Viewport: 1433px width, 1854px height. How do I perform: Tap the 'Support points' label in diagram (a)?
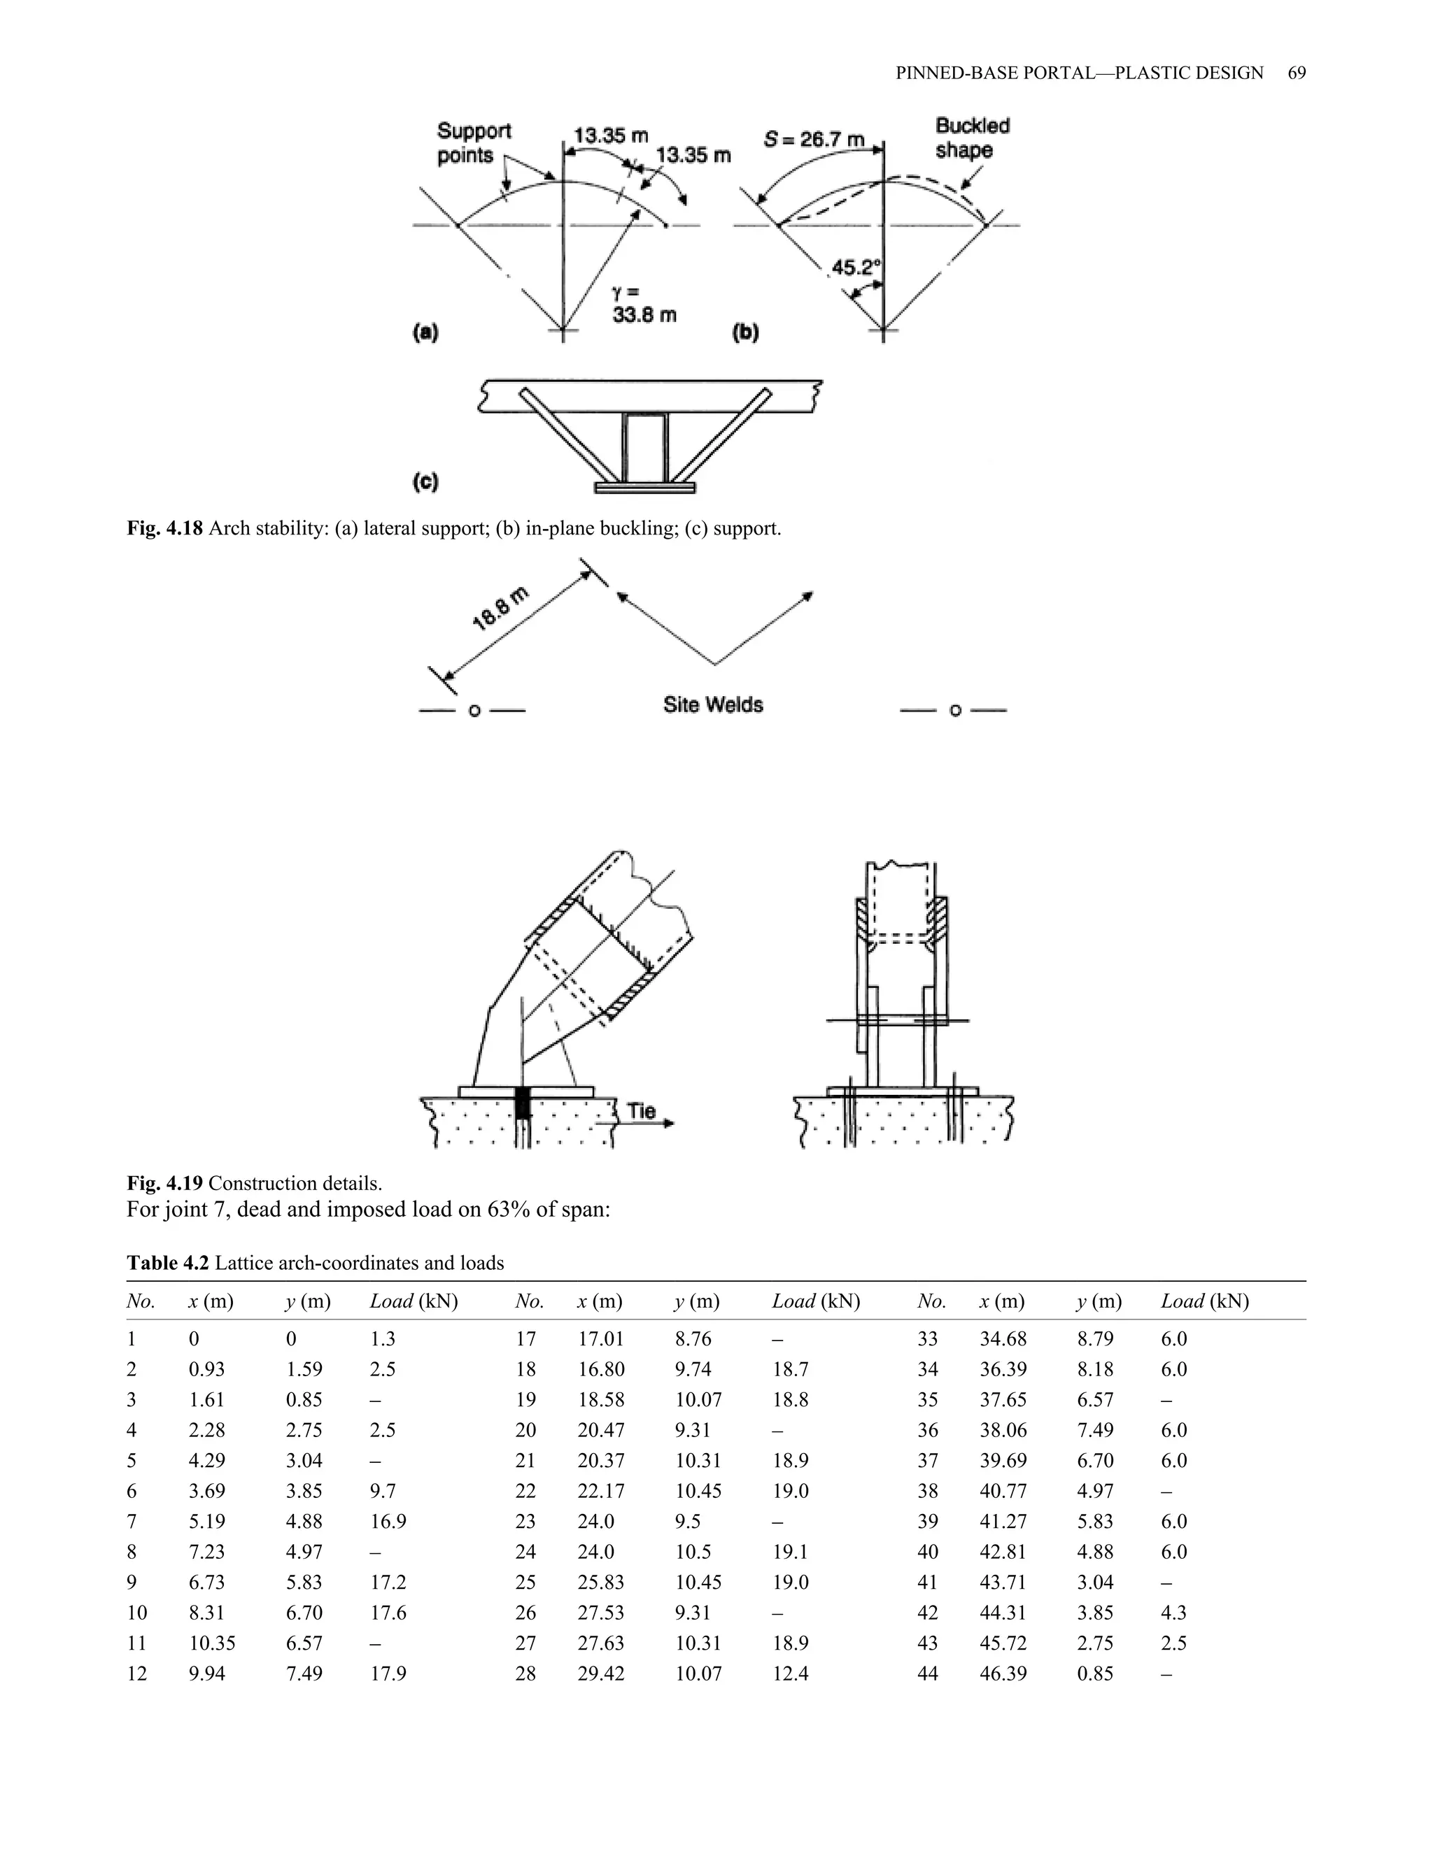click(474, 143)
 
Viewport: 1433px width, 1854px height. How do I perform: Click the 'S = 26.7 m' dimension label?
click(813, 139)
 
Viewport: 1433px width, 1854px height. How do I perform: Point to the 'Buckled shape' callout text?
click(971, 139)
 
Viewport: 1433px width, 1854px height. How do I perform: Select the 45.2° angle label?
click(856, 268)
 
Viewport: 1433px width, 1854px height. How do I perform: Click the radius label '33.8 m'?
click(644, 316)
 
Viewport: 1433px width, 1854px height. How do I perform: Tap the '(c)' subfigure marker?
click(425, 482)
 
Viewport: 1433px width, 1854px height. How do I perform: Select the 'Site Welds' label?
click(713, 705)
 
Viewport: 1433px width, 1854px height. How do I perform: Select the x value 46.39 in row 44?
click(1003, 1674)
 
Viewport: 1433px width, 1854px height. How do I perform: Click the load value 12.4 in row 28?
click(791, 1674)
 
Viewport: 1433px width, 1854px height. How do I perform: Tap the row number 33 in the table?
click(927, 1338)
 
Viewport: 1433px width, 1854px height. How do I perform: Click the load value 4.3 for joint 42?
click(1173, 1613)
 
